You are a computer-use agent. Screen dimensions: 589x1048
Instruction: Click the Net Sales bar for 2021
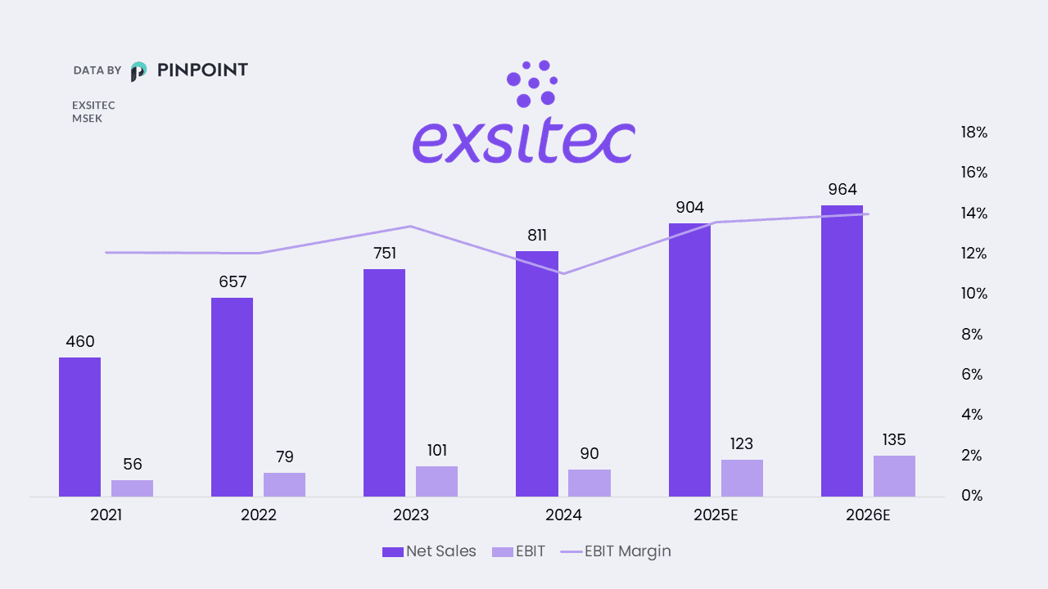79,426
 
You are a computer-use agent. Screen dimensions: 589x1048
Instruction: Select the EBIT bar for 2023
436,481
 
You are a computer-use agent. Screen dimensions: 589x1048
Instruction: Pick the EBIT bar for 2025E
742,478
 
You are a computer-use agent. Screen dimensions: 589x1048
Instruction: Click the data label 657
233,282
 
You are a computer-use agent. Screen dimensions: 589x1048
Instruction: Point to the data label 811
537,236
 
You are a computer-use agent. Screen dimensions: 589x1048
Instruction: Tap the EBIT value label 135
894,440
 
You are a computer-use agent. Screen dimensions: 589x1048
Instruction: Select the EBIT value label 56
133,465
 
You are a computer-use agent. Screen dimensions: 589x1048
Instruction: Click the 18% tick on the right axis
974,133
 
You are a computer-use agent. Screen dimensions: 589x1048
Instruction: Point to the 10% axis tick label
974,294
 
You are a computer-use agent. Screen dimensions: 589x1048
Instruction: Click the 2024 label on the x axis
563,515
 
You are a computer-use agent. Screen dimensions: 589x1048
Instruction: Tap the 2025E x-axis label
716,515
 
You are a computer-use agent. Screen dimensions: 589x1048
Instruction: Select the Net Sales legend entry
429,551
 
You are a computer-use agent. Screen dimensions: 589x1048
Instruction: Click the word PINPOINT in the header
201,70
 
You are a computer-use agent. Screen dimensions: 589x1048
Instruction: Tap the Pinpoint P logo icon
139,71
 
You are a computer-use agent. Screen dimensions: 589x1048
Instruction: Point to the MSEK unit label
87,119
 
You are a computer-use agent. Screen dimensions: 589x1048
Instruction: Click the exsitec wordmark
523,142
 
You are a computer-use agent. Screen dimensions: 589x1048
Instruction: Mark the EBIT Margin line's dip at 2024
564,273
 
